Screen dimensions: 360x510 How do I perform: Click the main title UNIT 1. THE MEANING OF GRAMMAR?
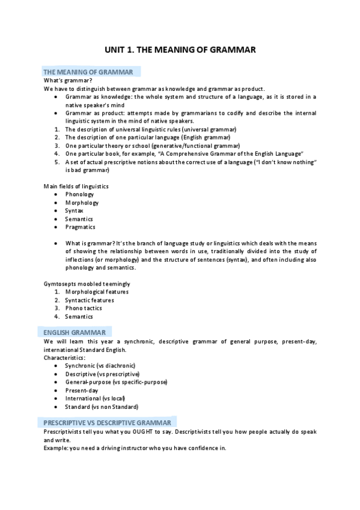click(x=180, y=51)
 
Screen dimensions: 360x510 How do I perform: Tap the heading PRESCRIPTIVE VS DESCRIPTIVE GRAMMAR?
click(x=106, y=423)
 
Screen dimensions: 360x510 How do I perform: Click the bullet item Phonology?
click(x=79, y=194)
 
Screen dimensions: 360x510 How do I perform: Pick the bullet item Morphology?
click(x=82, y=203)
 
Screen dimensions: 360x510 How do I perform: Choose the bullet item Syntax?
click(x=75, y=210)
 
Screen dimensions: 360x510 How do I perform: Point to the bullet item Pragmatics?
click(x=80, y=227)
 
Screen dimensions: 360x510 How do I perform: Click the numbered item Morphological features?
click(x=97, y=292)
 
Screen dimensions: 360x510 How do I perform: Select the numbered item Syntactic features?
click(x=90, y=300)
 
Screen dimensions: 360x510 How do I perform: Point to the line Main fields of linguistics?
click(x=76, y=186)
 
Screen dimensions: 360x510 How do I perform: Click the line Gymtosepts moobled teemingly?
click(x=87, y=283)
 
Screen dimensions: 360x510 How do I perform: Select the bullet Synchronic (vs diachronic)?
click(x=100, y=365)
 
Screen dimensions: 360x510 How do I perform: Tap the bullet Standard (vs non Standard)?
click(x=102, y=407)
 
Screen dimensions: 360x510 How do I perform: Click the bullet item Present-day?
click(x=82, y=390)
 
